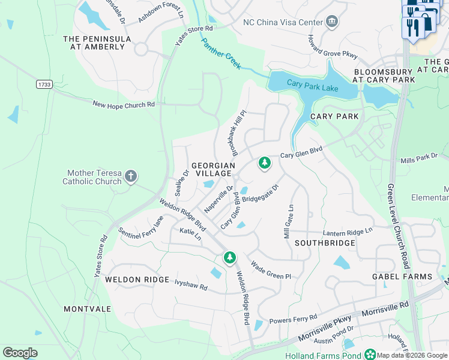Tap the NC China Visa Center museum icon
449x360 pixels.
(x=331, y=23)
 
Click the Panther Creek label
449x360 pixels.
(x=221, y=54)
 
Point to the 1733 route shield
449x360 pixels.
(x=43, y=84)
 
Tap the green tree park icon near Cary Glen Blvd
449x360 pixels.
(x=264, y=163)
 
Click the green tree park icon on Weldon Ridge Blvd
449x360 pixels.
(x=229, y=257)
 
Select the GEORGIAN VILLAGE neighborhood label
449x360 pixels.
(x=211, y=169)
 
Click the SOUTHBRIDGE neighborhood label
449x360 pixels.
(x=325, y=243)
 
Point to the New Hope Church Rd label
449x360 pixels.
(x=124, y=104)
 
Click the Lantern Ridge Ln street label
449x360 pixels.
(x=348, y=230)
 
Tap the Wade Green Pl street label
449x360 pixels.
(x=271, y=271)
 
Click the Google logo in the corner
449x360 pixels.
(x=20, y=352)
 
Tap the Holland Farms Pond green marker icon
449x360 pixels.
(x=371, y=355)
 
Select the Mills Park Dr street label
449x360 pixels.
(x=420, y=158)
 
